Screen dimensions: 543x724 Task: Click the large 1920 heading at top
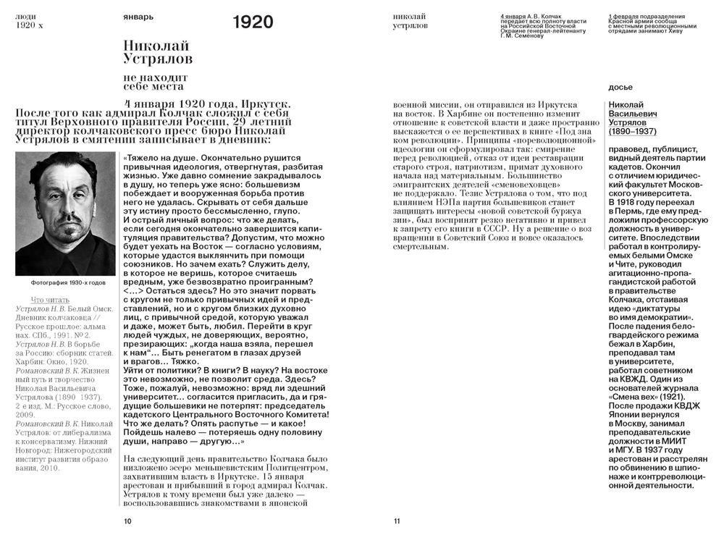point(253,22)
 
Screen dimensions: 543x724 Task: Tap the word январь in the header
point(138,16)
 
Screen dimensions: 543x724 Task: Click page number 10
point(127,521)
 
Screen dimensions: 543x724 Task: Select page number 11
point(397,521)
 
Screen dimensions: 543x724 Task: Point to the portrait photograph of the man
point(65,214)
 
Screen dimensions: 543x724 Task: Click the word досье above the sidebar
point(620,87)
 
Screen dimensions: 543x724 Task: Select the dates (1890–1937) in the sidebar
point(632,132)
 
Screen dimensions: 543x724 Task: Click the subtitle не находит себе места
point(155,81)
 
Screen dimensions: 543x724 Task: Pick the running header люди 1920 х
point(30,20)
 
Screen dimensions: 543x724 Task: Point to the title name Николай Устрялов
point(158,51)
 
